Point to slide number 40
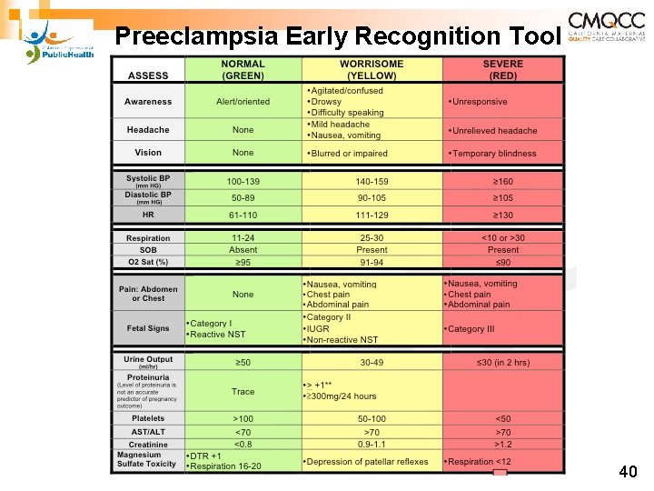pyautogui.click(x=627, y=472)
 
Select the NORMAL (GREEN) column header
pyautogui.click(x=243, y=69)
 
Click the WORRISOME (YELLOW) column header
pyautogui.click(x=372, y=69)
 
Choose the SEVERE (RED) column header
pyautogui.click(x=502, y=69)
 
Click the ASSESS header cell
pyautogui.click(x=148, y=75)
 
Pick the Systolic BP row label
pyautogui.click(x=148, y=182)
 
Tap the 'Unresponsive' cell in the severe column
pyautogui.click(x=479, y=102)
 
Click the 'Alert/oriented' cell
pyautogui.click(x=243, y=102)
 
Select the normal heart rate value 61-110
pyautogui.click(x=243, y=215)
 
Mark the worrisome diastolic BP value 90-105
pyautogui.click(x=372, y=198)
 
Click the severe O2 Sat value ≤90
pyautogui.click(x=502, y=263)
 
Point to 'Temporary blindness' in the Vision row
pyautogui.click(x=494, y=154)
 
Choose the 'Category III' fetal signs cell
pyautogui.click(x=472, y=329)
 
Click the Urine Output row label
pyautogui.click(x=148, y=362)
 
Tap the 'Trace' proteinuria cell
pyautogui.click(x=243, y=392)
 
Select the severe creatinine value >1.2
pyautogui.click(x=502, y=446)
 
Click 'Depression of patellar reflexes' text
pyautogui.click(x=367, y=462)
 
